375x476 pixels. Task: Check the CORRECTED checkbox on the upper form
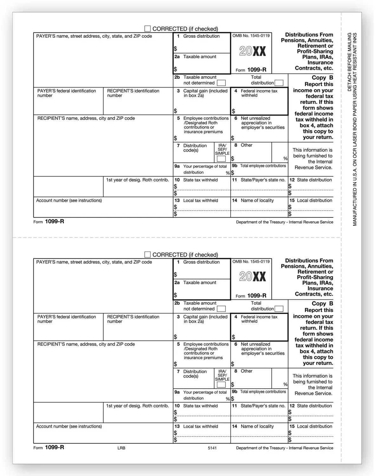click(148, 29)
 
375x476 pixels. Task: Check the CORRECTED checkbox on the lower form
click(148, 255)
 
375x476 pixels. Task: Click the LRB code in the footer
click(121, 448)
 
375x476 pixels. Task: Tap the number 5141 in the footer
click(212, 448)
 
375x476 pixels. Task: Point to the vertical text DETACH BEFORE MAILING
click(350, 62)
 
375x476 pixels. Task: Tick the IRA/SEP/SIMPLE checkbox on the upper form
click(221, 159)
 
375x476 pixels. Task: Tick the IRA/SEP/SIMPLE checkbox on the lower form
click(221, 385)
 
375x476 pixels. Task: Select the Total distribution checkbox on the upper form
click(279, 83)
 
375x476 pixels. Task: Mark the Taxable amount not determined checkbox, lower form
click(221, 309)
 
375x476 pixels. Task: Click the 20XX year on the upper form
click(253, 51)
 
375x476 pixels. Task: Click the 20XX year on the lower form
click(253, 277)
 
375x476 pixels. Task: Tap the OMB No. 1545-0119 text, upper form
click(251, 36)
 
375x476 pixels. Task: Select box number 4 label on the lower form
click(236, 317)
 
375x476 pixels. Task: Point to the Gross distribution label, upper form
click(201, 36)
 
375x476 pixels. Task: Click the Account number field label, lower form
click(69, 426)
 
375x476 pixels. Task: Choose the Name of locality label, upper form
click(257, 201)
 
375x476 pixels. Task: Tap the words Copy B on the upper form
click(322, 77)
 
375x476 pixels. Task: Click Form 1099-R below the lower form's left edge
click(49, 447)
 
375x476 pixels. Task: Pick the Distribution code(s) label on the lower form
click(195, 374)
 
